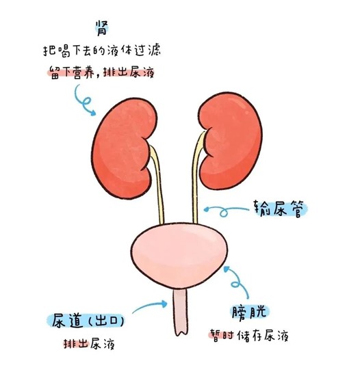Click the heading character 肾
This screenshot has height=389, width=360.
102,28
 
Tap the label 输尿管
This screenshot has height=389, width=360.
279,209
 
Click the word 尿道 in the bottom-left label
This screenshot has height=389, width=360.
67,321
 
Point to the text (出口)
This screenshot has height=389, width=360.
106,321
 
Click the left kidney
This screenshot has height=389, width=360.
124,148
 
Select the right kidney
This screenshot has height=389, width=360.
231,142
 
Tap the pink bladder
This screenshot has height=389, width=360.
179,256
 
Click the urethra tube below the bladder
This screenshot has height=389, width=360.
180,312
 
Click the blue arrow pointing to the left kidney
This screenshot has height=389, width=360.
84,100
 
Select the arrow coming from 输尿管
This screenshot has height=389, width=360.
224,211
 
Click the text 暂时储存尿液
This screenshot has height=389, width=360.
249,336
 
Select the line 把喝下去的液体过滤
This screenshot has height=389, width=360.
102,51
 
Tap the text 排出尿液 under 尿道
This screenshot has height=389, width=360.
90,344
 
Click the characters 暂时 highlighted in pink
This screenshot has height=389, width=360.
222,336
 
